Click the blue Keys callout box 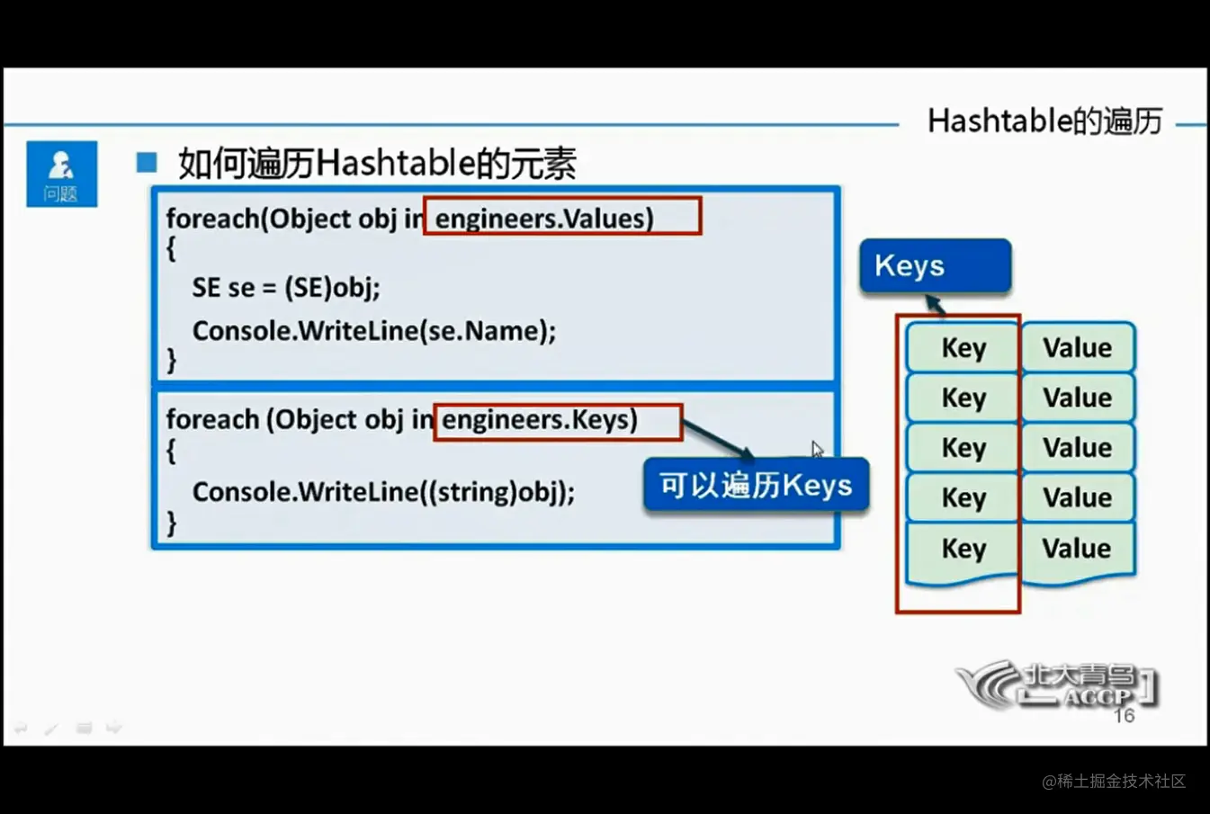pos(935,265)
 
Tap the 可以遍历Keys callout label pos(757,485)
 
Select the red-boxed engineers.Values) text pos(544,219)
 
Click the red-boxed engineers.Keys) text pos(540,420)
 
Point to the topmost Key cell pos(964,347)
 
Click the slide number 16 pos(1125,716)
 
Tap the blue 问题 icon pos(62,174)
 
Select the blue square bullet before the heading pos(147,162)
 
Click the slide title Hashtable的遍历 pos(1044,121)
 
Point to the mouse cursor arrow pos(817,449)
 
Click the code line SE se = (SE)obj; pos(286,287)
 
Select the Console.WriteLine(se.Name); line pos(374,331)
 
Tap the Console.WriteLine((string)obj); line pos(383,492)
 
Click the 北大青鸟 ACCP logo pos(1056,684)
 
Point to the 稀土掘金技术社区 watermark pos(1114,781)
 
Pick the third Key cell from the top pos(964,448)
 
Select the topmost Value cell pos(1078,347)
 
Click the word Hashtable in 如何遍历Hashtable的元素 pos(397,163)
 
